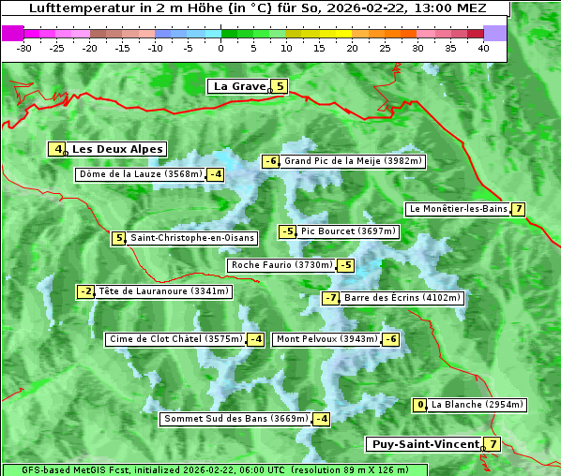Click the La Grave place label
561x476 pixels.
pyautogui.click(x=239, y=86)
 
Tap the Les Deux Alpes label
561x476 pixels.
pyautogui.click(x=117, y=149)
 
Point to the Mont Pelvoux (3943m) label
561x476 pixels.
pyautogui.click(x=326, y=339)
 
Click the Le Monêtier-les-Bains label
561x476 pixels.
pyautogui.click(x=457, y=209)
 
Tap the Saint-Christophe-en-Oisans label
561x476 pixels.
pyautogui.click(x=191, y=238)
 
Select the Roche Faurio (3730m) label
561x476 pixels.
pyautogui.click(x=281, y=265)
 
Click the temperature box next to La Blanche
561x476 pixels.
pyautogui.click(x=420, y=405)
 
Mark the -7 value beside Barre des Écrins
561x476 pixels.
pyautogui.click(x=330, y=298)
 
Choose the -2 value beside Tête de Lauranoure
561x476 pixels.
pyautogui.click(x=86, y=291)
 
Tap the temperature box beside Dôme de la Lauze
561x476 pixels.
pyautogui.click(x=216, y=174)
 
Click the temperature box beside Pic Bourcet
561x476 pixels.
pyautogui.click(x=288, y=231)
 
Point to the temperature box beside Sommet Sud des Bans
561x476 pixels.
pyautogui.click(x=322, y=419)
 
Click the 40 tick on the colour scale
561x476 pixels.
pyautogui.click(x=483, y=48)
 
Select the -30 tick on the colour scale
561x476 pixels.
pyautogui.click(x=25, y=48)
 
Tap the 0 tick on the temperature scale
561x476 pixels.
pyautogui.click(x=220, y=48)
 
